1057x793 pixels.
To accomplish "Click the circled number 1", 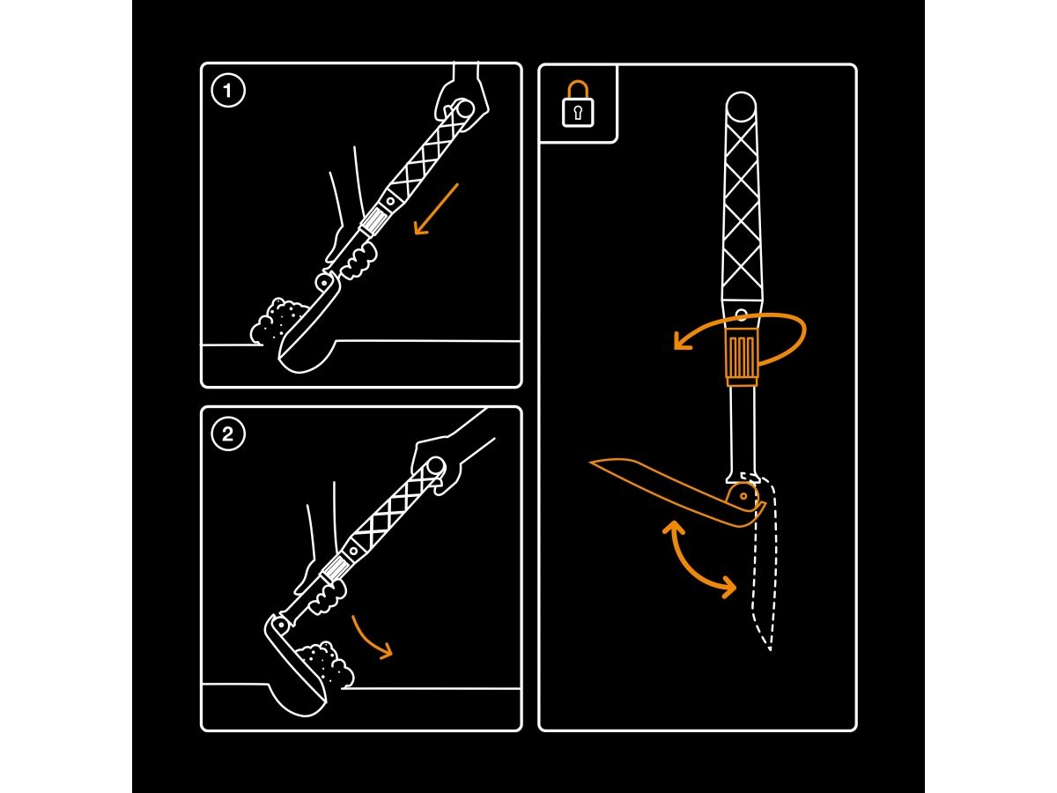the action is (x=228, y=91).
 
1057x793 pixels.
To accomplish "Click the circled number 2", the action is (x=228, y=434).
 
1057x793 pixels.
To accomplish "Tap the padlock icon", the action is (x=578, y=104).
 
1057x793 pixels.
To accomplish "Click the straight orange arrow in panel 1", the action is (x=436, y=209).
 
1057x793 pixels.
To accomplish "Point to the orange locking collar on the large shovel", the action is (x=742, y=357).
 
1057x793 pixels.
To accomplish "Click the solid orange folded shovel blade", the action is (x=674, y=492).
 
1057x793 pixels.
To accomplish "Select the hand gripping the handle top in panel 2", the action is (x=436, y=464).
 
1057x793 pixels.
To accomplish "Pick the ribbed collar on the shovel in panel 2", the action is (x=336, y=569).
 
